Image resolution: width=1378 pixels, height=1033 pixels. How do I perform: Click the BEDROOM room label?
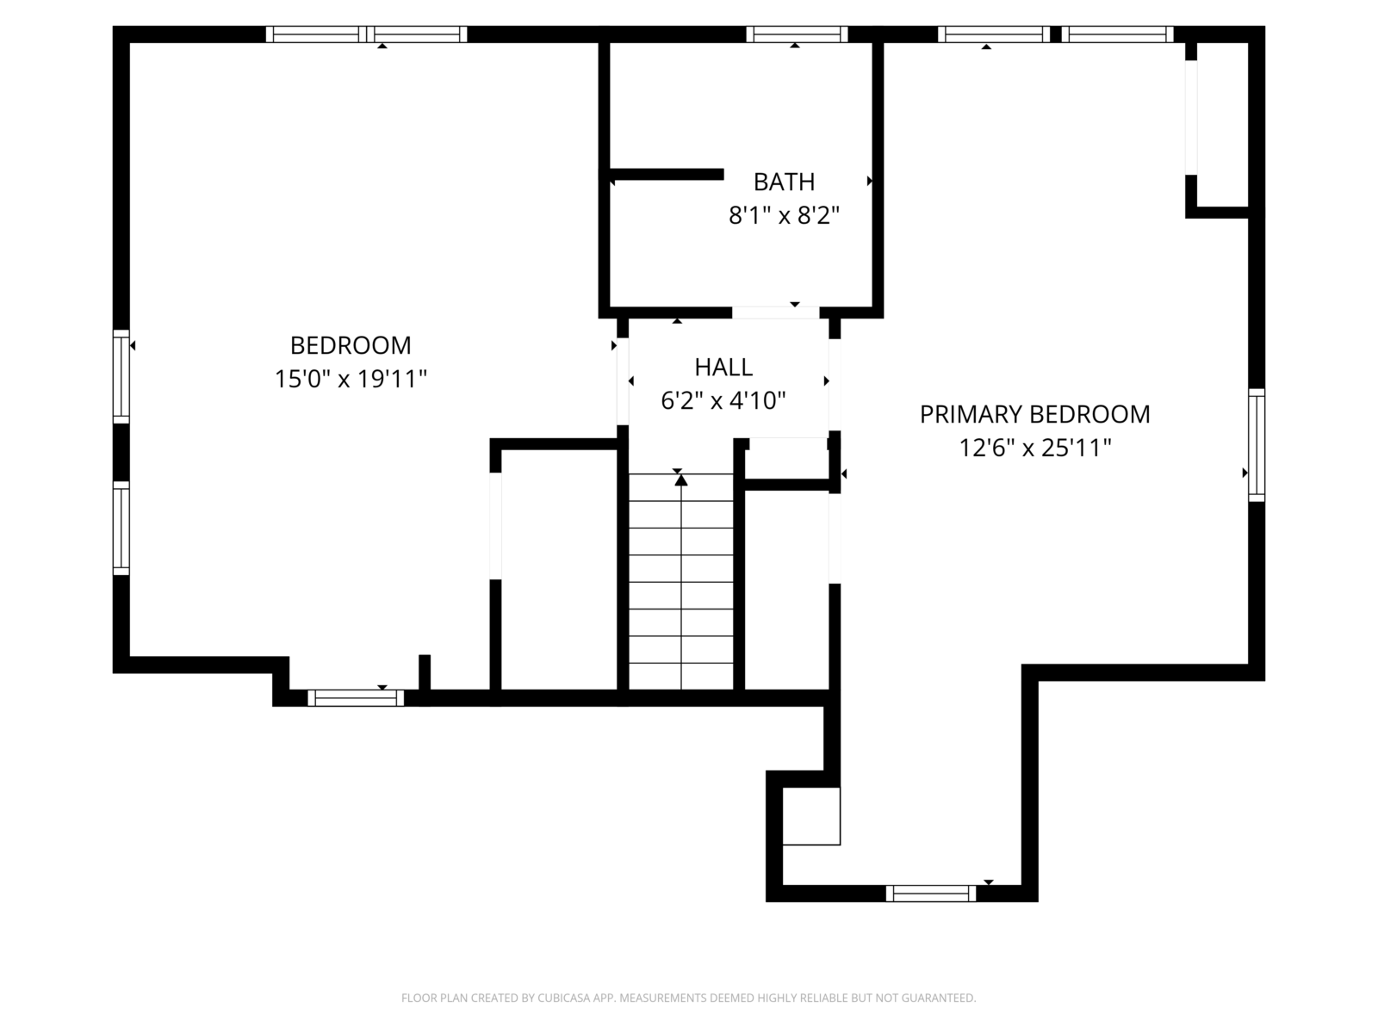click(x=351, y=345)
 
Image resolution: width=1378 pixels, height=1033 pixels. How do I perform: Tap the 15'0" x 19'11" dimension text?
click(x=351, y=379)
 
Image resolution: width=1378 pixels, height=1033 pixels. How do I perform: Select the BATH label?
click(x=784, y=182)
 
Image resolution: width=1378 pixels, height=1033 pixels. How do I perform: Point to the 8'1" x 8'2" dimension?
click(x=784, y=215)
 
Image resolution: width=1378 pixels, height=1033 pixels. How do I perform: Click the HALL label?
click(x=723, y=368)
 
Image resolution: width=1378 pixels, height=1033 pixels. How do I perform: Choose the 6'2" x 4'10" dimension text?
click(x=723, y=400)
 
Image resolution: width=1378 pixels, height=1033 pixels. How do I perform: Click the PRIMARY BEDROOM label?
click(x=1034, y=415)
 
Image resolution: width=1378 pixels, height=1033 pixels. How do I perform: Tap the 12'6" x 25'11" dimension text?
click(x=1034, y=448)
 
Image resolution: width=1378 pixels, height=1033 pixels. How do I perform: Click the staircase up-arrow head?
click(x=681, y=479)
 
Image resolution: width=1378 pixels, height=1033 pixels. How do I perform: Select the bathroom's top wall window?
click(x=797, y=34)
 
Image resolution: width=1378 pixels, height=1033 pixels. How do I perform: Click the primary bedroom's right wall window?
click(x=1257, y=445)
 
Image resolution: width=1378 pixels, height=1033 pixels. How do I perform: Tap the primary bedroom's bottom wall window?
click(x=931, y=894)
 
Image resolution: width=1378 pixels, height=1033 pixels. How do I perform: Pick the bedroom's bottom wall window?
click(x=356, y=698)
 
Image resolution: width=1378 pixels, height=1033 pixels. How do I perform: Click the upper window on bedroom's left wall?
click(x=121, y=376)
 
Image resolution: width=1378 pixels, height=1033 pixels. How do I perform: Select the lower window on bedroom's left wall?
click(x=121, y=528)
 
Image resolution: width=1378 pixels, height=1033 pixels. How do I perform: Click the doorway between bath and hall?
click(x=775, y=312)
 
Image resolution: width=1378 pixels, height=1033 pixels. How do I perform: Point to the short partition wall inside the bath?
click(x=667, y=175)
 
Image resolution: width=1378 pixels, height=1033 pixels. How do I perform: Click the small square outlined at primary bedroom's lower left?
click(x=811, y=816)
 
